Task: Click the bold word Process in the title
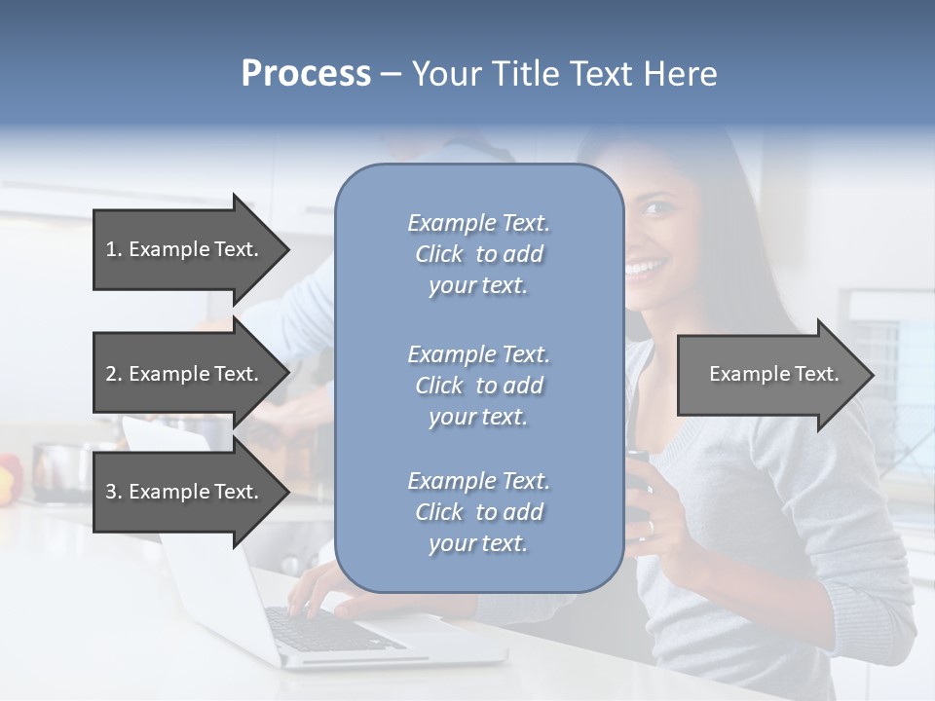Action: (x=306, y=74)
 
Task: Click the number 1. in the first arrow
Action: (x=114, y=249)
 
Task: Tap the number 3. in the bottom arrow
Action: (x=114, y=492)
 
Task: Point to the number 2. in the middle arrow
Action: (x=114, y=374)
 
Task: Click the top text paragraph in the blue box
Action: (x=478, y=254)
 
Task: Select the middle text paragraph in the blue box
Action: (x=478, y=386)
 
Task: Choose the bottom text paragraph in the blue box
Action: (x=478, y=512)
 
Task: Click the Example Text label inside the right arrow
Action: (x=773, y=374)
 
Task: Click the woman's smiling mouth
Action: (x=645, y=266)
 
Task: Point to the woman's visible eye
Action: (x=658, y=208)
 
